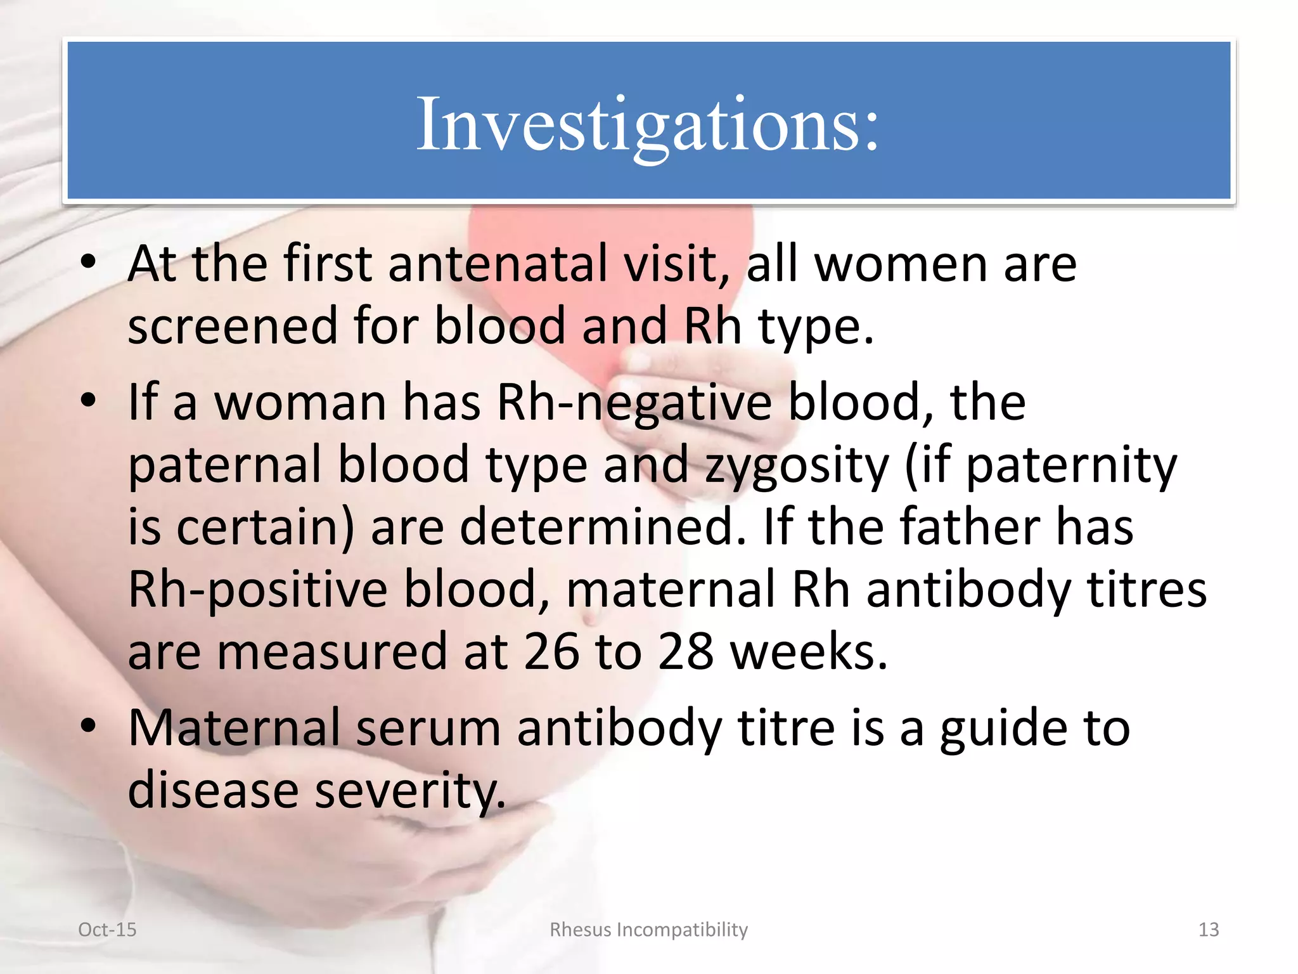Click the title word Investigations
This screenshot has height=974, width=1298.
648,124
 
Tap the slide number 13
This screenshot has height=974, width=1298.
1208,930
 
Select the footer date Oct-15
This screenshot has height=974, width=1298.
107,930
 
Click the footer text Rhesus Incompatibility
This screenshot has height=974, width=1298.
648,930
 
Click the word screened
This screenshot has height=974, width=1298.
233,326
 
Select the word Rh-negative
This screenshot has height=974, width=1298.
634,403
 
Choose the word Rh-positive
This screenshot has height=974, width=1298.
257,590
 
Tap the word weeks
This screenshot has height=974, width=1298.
809,652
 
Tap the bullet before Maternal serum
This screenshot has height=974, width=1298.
89,725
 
